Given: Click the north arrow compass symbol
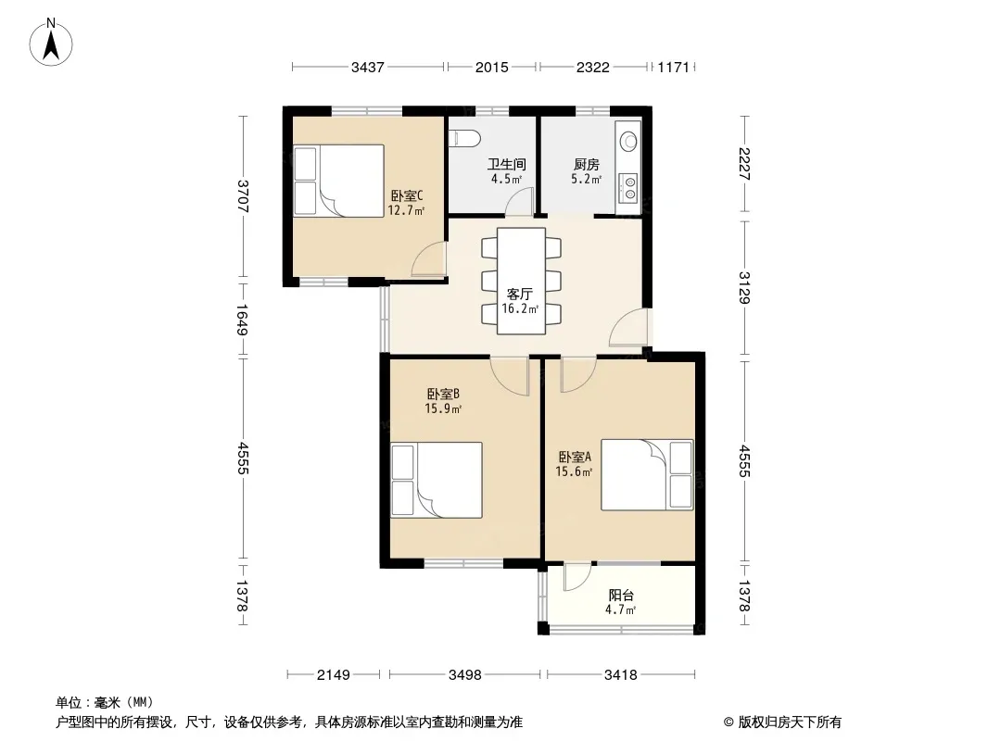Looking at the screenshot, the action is coord(51,43).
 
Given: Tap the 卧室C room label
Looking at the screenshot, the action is coord(407,195).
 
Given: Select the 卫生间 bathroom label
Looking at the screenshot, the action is coord(507,165).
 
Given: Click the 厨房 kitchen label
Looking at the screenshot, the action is coord(586,165).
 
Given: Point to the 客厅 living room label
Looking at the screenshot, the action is coord(520,294).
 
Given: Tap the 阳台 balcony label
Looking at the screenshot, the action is coord(621,595).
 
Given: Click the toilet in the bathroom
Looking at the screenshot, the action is coord(464,139).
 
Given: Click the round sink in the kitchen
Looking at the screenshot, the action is coord(628,141).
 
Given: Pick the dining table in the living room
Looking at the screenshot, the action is coord(521,281).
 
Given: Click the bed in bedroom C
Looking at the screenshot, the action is coord(339,180).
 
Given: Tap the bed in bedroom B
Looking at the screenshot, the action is coord(437,480).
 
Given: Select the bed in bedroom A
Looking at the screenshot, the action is coord(647,474).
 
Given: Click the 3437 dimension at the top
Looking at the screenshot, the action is coord(368,67).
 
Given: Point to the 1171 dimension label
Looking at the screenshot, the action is coord(674,67).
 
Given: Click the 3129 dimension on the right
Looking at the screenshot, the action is coord(744,287).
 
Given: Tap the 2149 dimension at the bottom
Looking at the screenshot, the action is coord(334,675).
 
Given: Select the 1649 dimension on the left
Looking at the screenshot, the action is coord(243,320).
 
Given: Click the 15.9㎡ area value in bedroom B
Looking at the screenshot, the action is coord(444,408).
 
